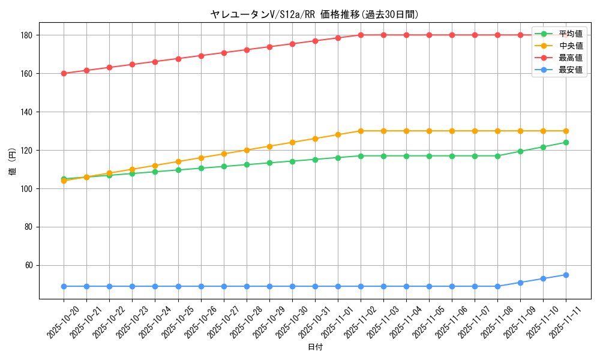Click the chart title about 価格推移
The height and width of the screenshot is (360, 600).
(314, 14)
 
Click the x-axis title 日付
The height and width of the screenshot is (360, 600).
(315, 347)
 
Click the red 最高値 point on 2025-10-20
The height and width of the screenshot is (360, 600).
(64, 73)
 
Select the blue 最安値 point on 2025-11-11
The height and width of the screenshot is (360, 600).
(566, 275)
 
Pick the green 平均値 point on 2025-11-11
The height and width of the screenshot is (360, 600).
(566, 142)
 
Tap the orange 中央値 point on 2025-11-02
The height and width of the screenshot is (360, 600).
(361, 131)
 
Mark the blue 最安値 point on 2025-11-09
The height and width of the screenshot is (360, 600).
(520, 283)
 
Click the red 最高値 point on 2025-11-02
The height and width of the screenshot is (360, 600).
(361, 35)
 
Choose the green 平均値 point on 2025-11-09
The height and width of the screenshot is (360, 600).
(520, 151)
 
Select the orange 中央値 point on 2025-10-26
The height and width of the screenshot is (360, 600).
(201, 158)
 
